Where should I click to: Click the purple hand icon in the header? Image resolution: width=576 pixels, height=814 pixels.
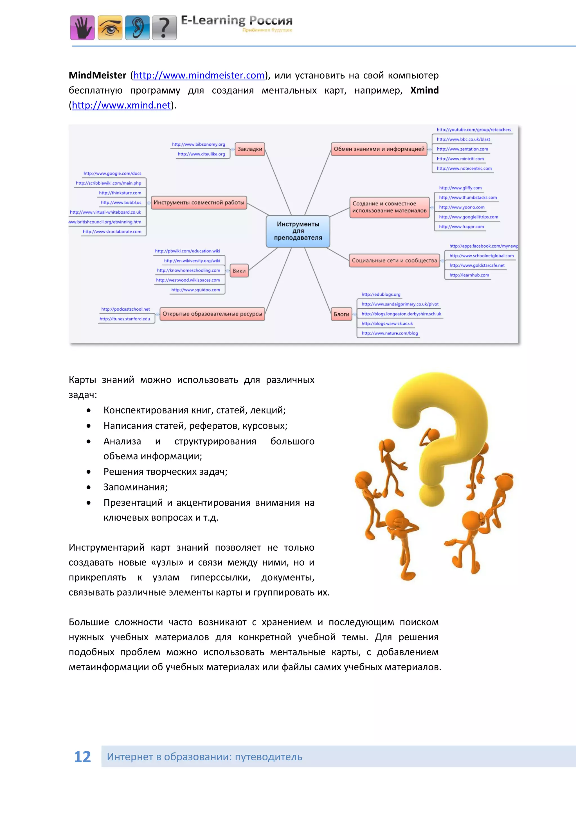tap(82, 28)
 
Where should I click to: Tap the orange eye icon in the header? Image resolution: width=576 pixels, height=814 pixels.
tap(110, 28)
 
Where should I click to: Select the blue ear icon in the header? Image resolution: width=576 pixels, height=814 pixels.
tap(137, 28)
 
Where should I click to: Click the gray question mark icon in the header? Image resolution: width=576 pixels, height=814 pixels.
tap(164, 28)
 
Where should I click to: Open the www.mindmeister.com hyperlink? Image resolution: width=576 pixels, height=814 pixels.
tap(199, 76)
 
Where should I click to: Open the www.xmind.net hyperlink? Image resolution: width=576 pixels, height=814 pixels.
tap(121, 105)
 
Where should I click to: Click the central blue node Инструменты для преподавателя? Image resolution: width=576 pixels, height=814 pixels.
tap(298, 231)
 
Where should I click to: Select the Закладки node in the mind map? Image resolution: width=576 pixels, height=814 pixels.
tap(250, 149)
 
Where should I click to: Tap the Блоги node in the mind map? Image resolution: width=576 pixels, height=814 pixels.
tap(341, 314)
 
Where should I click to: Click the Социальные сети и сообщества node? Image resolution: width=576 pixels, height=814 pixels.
tap(394, 261)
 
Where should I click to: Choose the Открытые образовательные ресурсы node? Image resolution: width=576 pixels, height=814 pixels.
tap(212, 314)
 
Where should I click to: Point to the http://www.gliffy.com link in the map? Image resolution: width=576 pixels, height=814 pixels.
tap(460, 188)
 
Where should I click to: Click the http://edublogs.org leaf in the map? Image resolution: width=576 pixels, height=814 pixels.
tap(381, 295)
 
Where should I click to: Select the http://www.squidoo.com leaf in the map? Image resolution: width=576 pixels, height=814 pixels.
tap(195, 290)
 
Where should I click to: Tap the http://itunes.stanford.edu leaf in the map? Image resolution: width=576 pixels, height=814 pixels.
tap(125, 319)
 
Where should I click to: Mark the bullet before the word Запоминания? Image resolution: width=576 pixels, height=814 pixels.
tap(88, 487)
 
